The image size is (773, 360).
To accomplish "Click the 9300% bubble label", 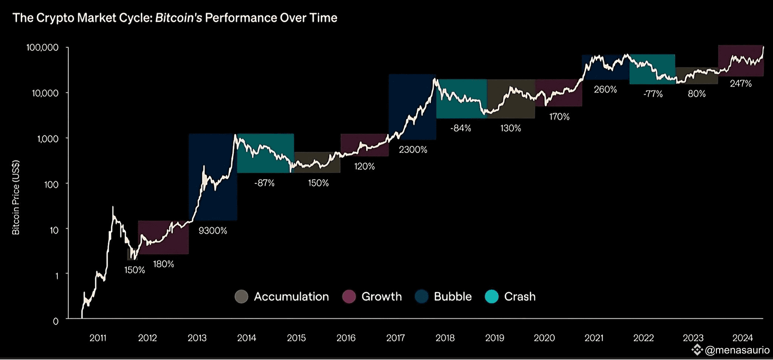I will [x=213, y=231].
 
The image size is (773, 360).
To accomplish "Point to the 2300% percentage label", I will [x=413, y=150].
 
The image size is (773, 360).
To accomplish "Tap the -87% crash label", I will [x=264, y=183].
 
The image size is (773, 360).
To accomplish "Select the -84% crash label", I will [x=460, y=128].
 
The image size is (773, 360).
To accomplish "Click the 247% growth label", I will [x=741, y=83].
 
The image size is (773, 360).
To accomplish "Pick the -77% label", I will [x=653, y=94].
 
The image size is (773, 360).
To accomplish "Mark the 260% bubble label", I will [x=605, y=90].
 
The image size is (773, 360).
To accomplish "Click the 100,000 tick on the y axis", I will [x=42, y=47].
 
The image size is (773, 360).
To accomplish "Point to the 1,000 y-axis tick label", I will [x=47, y=139].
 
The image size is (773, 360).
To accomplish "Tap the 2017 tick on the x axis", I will [x=395, y=338].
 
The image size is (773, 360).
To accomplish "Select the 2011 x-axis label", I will [x=98, y=338].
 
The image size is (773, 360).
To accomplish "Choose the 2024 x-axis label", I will [x=742, y=338].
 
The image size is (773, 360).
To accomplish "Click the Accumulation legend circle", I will [x=241, y=297].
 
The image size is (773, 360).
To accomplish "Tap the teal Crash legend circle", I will [x=491, y=297].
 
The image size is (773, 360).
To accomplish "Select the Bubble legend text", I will [x=453, y=297].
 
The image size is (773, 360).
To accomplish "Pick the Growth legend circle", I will [x=349, y=297].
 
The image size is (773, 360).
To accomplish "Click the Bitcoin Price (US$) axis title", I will [x=16, y=198].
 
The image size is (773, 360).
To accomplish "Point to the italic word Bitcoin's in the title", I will [x=179, y=18].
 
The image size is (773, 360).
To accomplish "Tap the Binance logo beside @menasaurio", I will [x=697, y=350].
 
